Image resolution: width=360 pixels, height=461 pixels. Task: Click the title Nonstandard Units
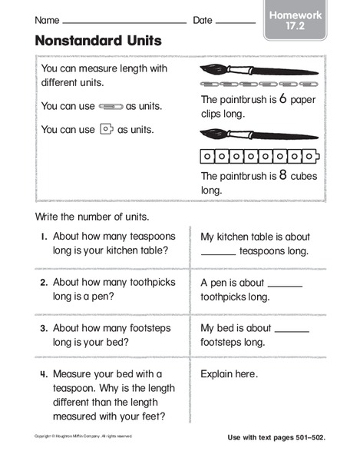click(98, 41)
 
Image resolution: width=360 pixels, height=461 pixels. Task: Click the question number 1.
click(45, 237)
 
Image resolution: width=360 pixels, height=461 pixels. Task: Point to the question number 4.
click(44, 375)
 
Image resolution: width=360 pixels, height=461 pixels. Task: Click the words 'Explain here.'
click(229, 375)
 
